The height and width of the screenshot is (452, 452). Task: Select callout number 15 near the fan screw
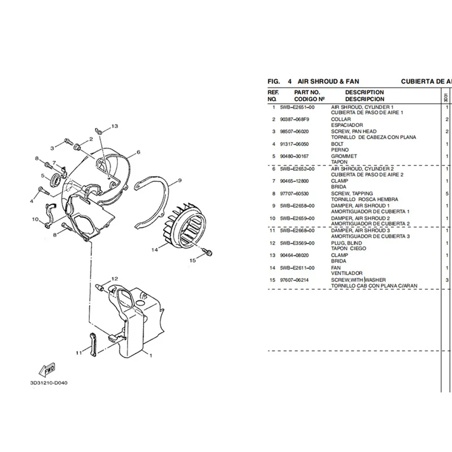click(193, 260)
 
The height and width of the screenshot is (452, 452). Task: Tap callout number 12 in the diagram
click(114, 279)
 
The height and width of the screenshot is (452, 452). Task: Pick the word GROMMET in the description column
click(344, 156)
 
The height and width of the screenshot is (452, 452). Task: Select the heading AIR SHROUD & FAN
click(327, 81)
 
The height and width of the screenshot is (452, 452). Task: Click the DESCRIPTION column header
click(364, 92)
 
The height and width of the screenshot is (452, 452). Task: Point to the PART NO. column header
click(307, 92)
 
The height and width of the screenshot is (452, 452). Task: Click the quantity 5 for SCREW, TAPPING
click(446, 194)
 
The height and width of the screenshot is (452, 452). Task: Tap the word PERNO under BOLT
click(340, 150)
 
